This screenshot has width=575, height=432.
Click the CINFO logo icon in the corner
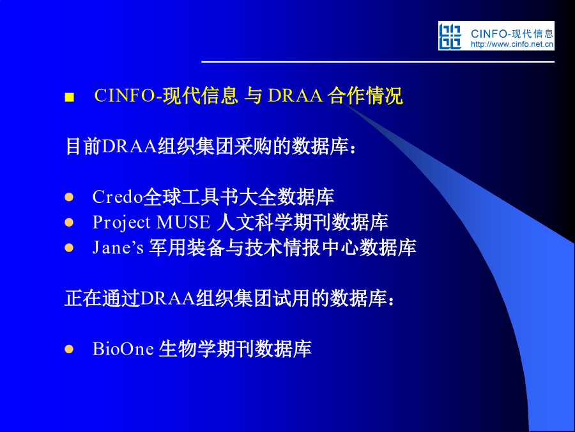[x=450, y=36]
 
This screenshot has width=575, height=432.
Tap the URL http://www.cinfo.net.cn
[x=512, y=44]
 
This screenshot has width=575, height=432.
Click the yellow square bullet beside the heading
[x=69, y=97]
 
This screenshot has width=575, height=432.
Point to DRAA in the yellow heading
[x=295, y=95]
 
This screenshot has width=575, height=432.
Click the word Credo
[x=118, y=197]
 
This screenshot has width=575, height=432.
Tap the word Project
[x=121, y=223]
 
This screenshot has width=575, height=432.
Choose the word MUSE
[x=183, y=222]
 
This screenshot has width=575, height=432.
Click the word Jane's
[x=118, y=248]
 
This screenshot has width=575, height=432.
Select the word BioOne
[x=123, y=349]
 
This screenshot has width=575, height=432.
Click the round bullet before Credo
[x=69, y=197]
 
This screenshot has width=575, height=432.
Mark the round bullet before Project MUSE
[x=69, y=223]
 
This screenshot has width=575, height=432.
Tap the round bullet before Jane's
[x=69, y=248]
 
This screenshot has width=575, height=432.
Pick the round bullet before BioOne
[x=69, y=349]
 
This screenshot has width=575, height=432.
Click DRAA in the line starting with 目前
[x=130, y=147]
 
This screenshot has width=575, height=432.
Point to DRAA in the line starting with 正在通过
[x=168, y=298]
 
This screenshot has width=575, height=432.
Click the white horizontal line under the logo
[x=378, y=61]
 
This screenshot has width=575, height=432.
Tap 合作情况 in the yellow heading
[x=365, y=95]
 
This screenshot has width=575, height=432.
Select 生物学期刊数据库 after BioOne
[x=235, y=349]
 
